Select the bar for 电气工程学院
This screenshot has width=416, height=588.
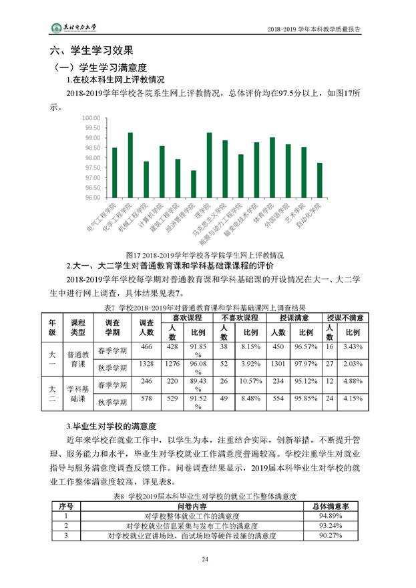[114, 173]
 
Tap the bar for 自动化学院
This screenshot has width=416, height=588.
[319, 180]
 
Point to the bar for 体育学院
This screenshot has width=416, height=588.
[272, 168]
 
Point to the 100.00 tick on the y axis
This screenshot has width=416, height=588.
[91, 118]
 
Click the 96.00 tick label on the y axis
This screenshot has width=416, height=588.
[91, 198]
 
